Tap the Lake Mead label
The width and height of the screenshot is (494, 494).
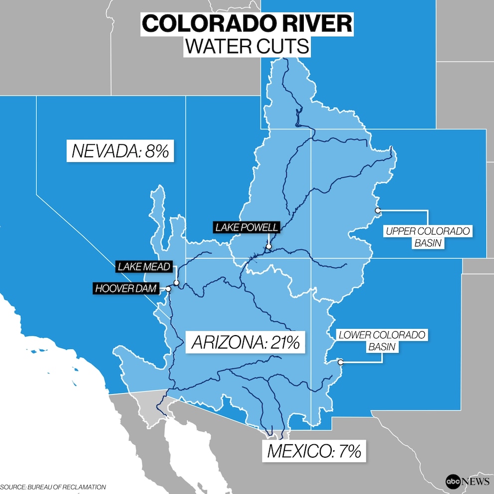pyautogui.click(x=144, y=266)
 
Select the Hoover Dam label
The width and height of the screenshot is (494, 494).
pyautogui.click(x=125, y=288)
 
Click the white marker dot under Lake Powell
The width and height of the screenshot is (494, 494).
pyautogui.click(x=268, y=246)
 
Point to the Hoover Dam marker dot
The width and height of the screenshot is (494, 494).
pyautogui.click(x=168, y=289)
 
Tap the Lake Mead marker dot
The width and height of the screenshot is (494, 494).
pyautogui.click(x=176, y=282)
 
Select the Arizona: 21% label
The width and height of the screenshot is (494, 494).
pyautogui.click(x=245, y=343)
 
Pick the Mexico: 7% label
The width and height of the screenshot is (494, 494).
pyautogui.click(x=314, y=451)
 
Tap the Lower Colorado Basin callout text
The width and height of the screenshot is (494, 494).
pyautogui.click(x=382, y=341)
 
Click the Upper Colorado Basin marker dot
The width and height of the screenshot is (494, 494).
pyautogui.click(x=377, y=210)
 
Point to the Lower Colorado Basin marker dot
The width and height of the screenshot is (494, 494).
pyautogui.click(x=341, y=362)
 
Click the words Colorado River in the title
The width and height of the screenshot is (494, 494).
pyautogui.click(x=247, y=24)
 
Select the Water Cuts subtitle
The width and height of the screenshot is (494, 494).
pyautogui.click(x=247, y=46)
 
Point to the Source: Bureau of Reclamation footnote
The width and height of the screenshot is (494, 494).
pyautogui.click(x=53, y=487)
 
